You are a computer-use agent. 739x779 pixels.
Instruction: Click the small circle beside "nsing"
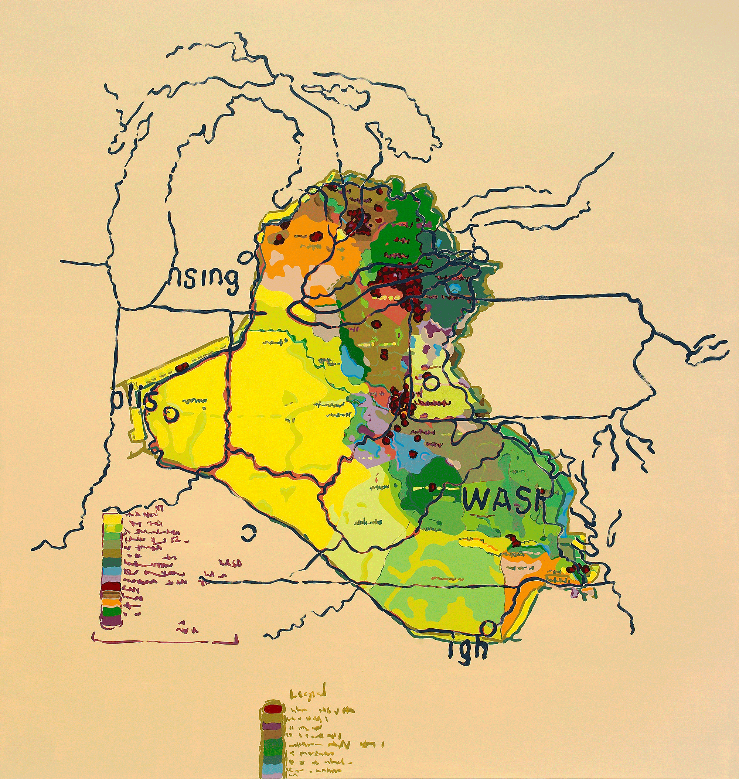(245, 258)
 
